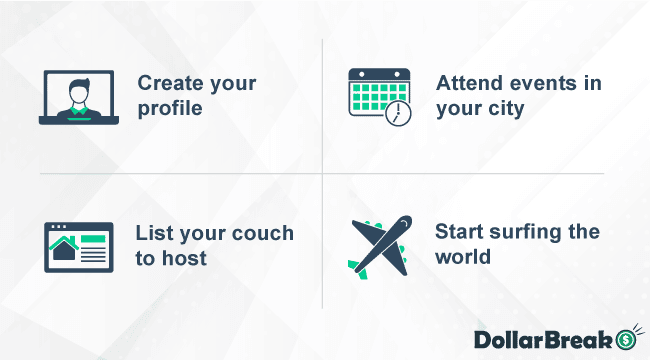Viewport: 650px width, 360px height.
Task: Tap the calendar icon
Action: tap(378, 95)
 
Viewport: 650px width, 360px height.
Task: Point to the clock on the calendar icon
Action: tap(398, 114)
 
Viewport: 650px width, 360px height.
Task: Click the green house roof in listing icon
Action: tap(65, 243)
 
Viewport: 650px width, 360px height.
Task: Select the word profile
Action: tap(169, 107)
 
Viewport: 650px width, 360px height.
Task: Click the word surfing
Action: tap(526, 233)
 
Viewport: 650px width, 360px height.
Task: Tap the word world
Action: tap(463, 257)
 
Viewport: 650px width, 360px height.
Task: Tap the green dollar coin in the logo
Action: tap(627, 338)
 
